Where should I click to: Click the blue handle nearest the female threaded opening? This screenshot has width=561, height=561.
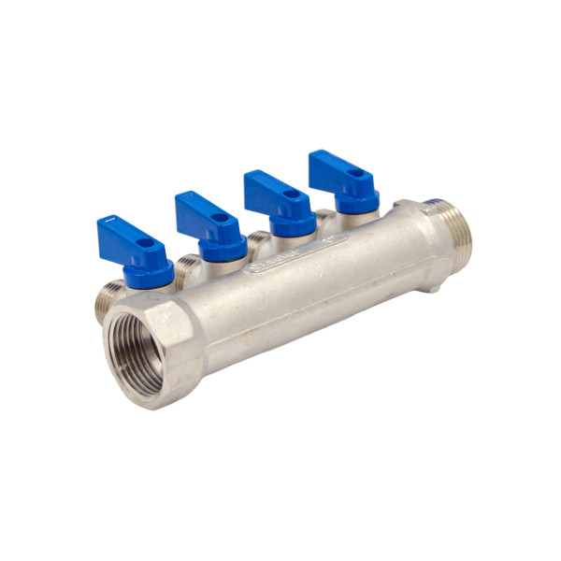coord(126,239)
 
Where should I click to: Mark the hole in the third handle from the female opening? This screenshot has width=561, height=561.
coord(289,195)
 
